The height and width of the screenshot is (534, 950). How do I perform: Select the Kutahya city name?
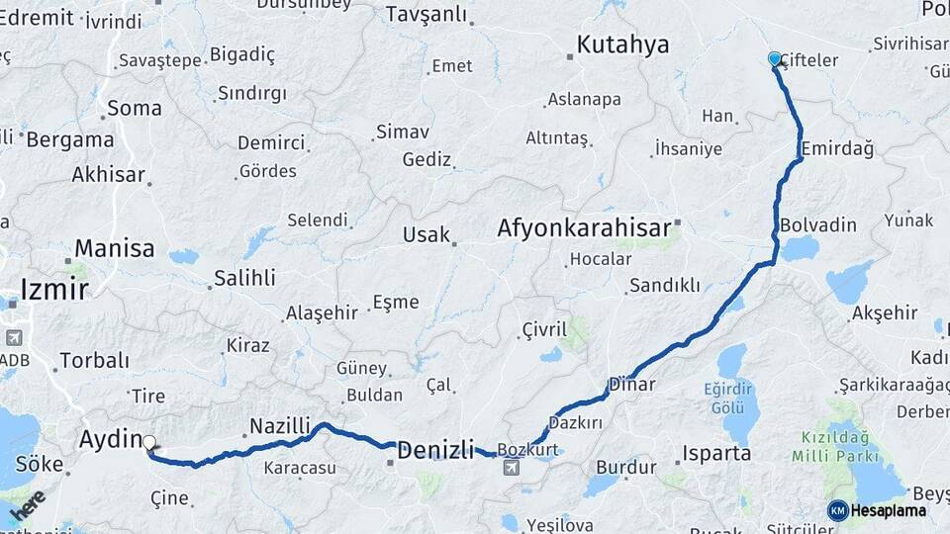point(622,44)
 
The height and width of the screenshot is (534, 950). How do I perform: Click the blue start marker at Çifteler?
point(775,58)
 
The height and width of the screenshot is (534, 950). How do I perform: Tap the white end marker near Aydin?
point(148,443)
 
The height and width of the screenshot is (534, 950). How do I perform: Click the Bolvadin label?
point(817,224)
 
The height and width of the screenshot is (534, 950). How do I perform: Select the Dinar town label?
point(632,384)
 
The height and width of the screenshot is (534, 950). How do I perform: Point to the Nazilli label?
point(280,426)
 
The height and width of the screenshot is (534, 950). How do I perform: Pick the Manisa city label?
point(115,247)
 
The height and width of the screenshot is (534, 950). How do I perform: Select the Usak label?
point(427,235)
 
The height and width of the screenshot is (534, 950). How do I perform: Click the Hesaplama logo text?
point(888,510)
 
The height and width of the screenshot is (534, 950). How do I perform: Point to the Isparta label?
point(715,454)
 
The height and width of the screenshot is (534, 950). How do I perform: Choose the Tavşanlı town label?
point(426,14)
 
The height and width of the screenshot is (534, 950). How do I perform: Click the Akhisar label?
point(108,175)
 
